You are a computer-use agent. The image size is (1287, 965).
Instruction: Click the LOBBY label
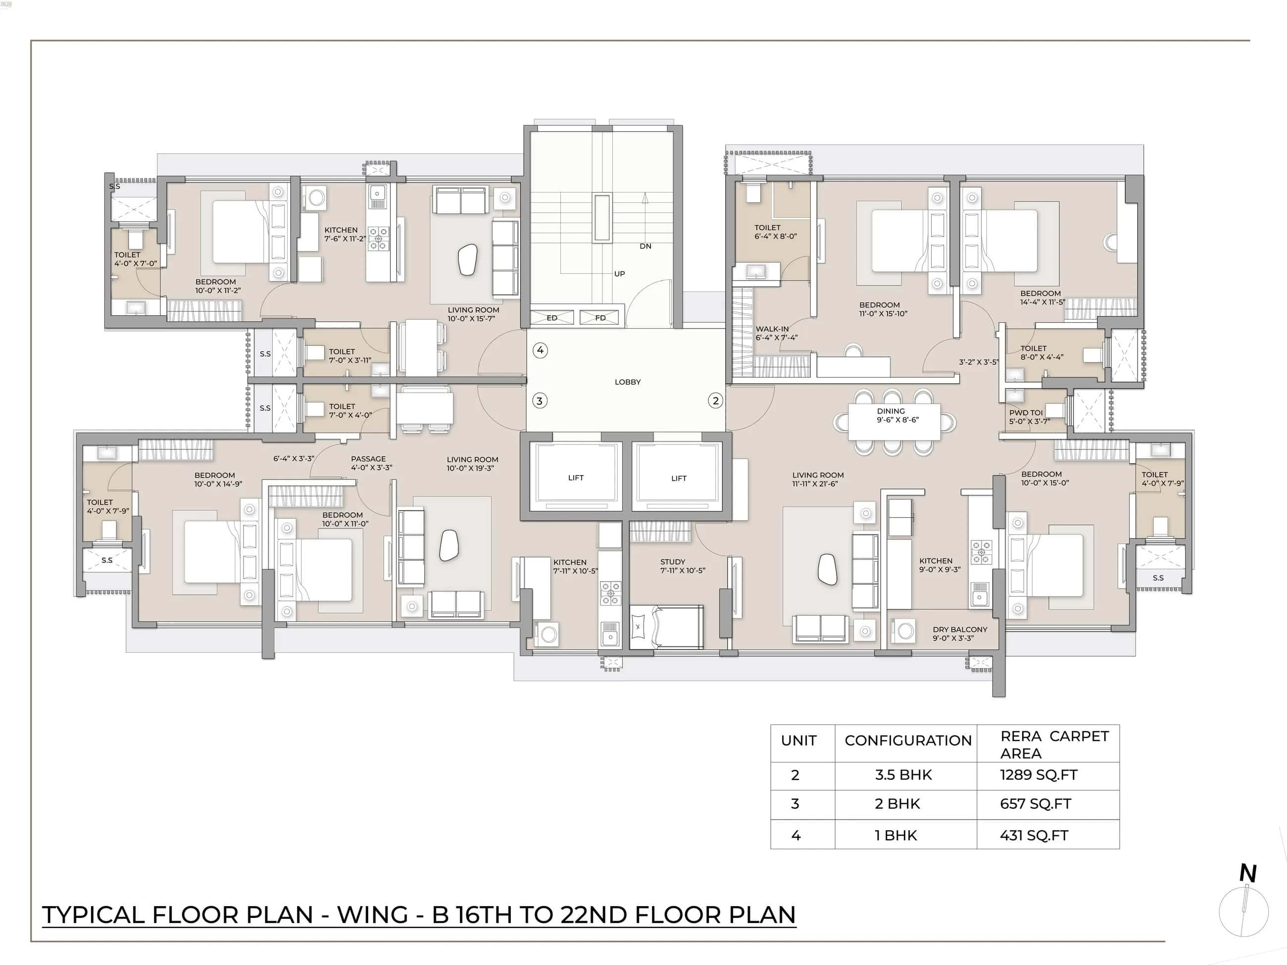(x=627, y=382)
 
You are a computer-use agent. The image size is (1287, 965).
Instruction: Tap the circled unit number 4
(x=541, y=350)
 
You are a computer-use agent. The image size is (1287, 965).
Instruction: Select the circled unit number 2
(x=716, y=400)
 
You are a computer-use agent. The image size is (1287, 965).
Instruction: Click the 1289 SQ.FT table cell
(x=1039, y=775)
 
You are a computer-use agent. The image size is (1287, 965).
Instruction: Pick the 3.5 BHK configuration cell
(x=903, y=775)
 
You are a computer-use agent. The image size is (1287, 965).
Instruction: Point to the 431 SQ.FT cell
(x=1034, y=835)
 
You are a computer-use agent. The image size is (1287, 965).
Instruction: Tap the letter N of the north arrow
(x=1247, y=873)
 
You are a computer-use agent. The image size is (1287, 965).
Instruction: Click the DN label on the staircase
(x=645, y=246)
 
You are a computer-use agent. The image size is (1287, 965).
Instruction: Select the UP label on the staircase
(x=619, y=273)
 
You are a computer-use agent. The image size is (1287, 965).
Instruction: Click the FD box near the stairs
(x=600, y=318)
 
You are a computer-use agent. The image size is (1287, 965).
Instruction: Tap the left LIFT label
(x=575, y=478)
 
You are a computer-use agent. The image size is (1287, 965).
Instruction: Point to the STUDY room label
(x=673, y=562)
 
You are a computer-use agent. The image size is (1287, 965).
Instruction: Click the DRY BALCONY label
(x=959, y=629)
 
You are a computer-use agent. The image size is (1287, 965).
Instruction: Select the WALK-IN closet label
(x=772, y=329)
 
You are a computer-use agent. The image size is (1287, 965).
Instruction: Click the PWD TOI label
(x=1026, y=412)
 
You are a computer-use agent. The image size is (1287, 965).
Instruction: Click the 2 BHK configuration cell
(x=897, y=804)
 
